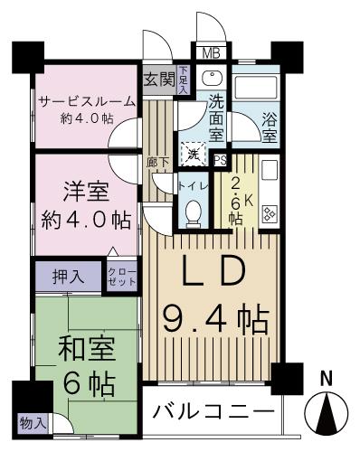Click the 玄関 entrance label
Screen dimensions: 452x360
159,79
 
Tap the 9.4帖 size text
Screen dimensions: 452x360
214,318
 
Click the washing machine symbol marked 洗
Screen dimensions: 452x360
194,155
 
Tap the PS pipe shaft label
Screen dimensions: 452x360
221,158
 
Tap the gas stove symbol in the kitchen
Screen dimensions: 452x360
269,213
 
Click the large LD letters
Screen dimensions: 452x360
215,272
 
